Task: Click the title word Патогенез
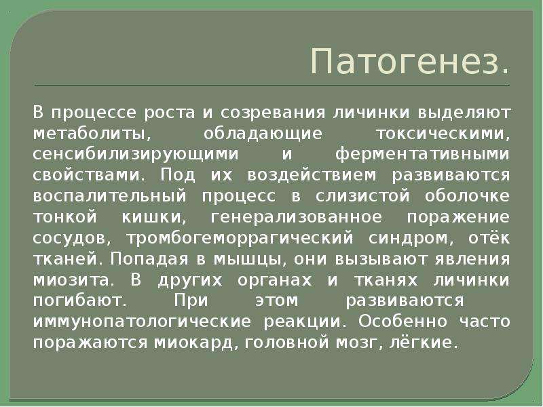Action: tap(410, 61)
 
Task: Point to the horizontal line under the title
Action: tap(272, 85)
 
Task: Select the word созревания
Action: tap(273, 113)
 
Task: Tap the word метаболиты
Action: tap(92, 134)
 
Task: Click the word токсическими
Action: tap(443, 134)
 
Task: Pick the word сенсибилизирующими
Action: tap(136, 155)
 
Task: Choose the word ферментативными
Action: tap(422, 155)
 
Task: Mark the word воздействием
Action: tap(312, 176)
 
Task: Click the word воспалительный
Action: tap(110, 197)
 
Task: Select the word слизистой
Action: tap(362, 197)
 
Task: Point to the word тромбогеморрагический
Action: tap(240, 239)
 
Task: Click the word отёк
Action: tap(489, 238)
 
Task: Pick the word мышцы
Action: tap(250, 260)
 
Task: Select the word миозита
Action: tap(73, 280)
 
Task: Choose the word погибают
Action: tap(80, 301)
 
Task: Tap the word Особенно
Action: tap(403, 322)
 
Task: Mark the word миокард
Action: tap(196, 343)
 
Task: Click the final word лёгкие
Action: tap(421, 343)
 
